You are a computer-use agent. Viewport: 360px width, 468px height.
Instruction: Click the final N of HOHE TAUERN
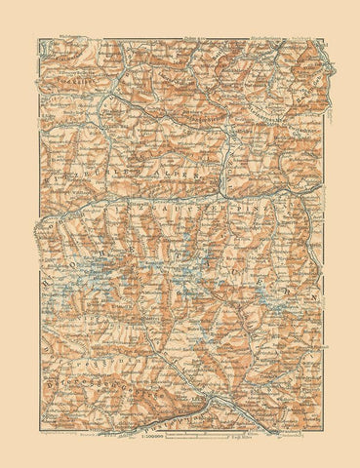tap(314, 292)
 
